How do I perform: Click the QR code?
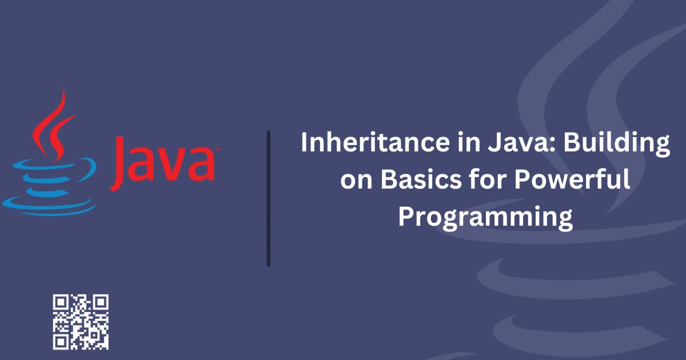pos(81,322)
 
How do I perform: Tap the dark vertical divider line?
pos(268,198)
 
